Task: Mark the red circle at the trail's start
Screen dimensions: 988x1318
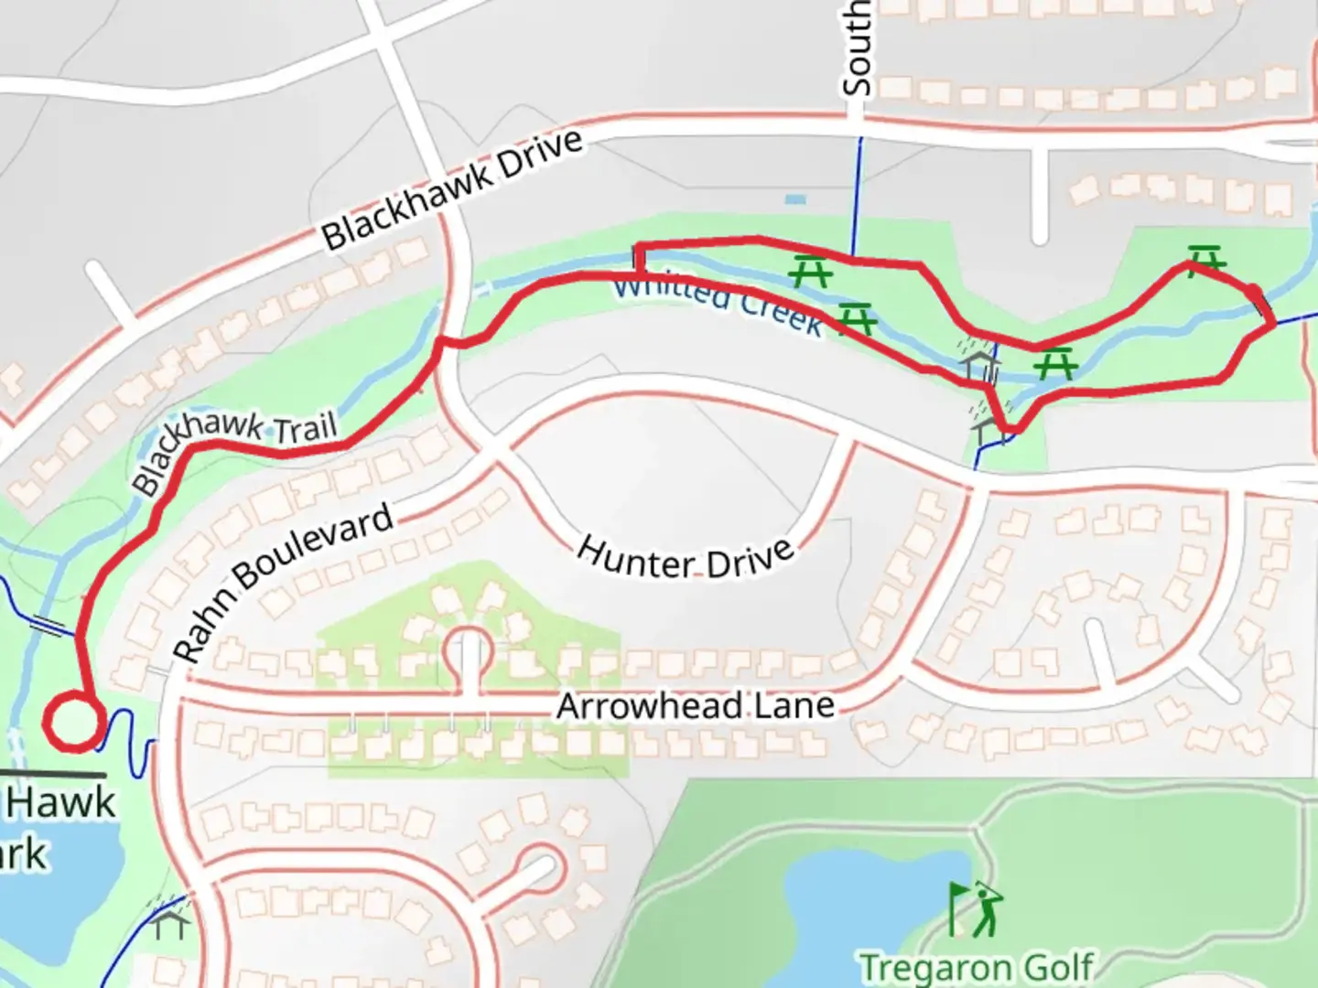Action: click(x=72, y=724)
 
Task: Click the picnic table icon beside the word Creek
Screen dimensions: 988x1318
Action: click(x=858, y=319)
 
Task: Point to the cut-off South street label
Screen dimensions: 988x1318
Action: click(x=857, y=48)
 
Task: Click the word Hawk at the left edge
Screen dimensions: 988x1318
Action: click(x=61, y=803)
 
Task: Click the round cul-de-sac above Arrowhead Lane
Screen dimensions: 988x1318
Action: click(x=469, y=652)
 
